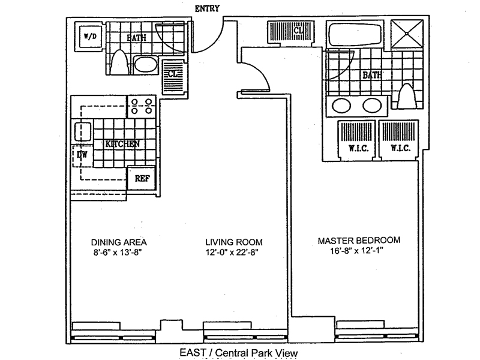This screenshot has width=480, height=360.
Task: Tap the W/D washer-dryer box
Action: pos(89,36)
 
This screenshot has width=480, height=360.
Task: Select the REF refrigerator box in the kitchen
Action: pos(142,178)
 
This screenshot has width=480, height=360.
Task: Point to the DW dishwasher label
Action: pos(82,154)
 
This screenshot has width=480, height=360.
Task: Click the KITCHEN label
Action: pos(122,144)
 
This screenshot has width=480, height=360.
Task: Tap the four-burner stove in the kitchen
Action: pos(141,106)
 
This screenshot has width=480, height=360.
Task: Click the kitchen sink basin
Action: pos(82,130)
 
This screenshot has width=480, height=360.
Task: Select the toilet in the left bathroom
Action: pos(119,62)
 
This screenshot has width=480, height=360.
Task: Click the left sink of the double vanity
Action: pos(341,106)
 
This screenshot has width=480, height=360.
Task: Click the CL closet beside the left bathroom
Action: pos(172,74)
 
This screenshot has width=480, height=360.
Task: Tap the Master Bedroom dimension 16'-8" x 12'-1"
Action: pos(359,252)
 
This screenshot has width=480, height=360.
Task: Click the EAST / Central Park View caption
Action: pos(239,353)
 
